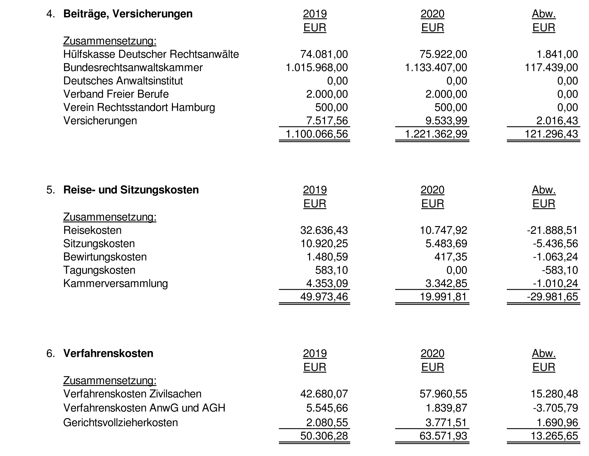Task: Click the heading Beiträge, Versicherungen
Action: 128,14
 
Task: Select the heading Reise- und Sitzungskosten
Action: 131,190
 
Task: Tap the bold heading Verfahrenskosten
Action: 108,353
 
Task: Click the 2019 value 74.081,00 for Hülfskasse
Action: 324,54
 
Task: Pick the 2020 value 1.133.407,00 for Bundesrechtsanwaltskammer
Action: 436,68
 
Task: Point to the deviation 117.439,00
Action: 551,68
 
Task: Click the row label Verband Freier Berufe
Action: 116,94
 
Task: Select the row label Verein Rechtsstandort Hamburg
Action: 139,107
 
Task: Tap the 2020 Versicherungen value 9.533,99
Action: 446,121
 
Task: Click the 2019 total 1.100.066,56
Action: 317,134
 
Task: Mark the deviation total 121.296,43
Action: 551,134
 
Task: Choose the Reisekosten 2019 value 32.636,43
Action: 324,230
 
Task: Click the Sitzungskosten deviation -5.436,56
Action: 555,244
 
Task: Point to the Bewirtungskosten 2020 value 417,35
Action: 451,257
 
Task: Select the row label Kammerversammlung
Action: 115,283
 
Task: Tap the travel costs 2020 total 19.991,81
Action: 443,297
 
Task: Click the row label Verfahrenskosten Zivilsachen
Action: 132,394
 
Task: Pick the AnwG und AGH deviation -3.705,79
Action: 555,408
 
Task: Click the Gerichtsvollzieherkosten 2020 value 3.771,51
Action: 446,423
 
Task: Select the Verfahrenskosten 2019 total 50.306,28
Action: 324,436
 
